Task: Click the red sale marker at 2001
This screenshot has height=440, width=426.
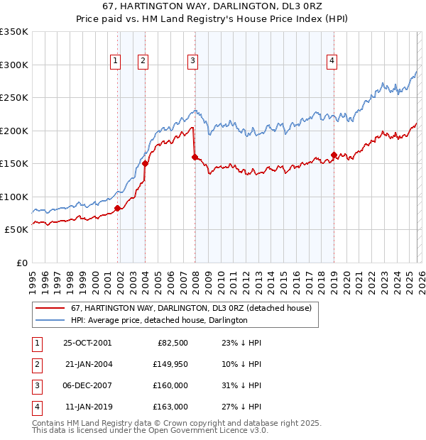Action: pyautogui.click(x=118, y=208)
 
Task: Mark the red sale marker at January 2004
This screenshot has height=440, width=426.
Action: pyautogui.click(x=146, y=163)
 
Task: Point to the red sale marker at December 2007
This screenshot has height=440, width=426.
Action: pyautogui.click(x=195, y=157)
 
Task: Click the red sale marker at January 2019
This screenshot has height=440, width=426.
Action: pyautogui.click(x=334, y=155)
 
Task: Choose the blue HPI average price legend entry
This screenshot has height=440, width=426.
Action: pyautogui.click(x=158, y=321)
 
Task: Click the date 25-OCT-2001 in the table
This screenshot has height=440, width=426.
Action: pyautogui.click(x=87, y=343)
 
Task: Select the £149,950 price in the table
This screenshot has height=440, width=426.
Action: pyautogui.click(x=170, y=364)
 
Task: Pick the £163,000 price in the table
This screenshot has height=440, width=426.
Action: pyautogui.click(x=170, y=407)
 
